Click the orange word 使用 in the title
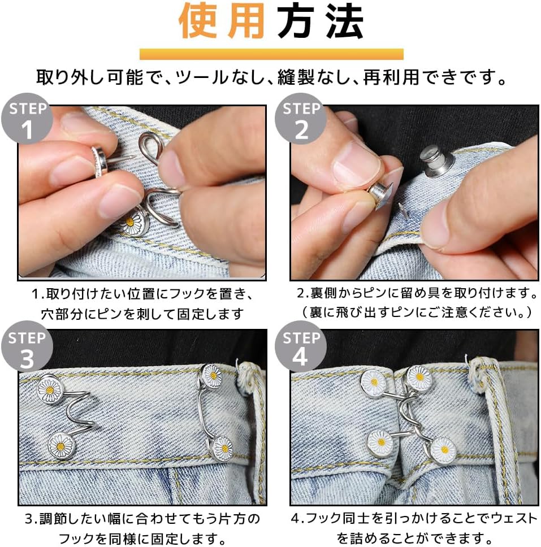[x=222, y=22]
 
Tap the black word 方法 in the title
[x=319, y=22]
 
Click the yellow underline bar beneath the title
[x=271, y=54]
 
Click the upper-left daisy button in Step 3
[x=50, y=389]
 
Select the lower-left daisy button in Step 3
[x=60, y=446]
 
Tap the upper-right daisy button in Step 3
[x=212, y=376]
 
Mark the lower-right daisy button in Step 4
[x=443, y=450]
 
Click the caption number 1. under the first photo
[x=38, y=294]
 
